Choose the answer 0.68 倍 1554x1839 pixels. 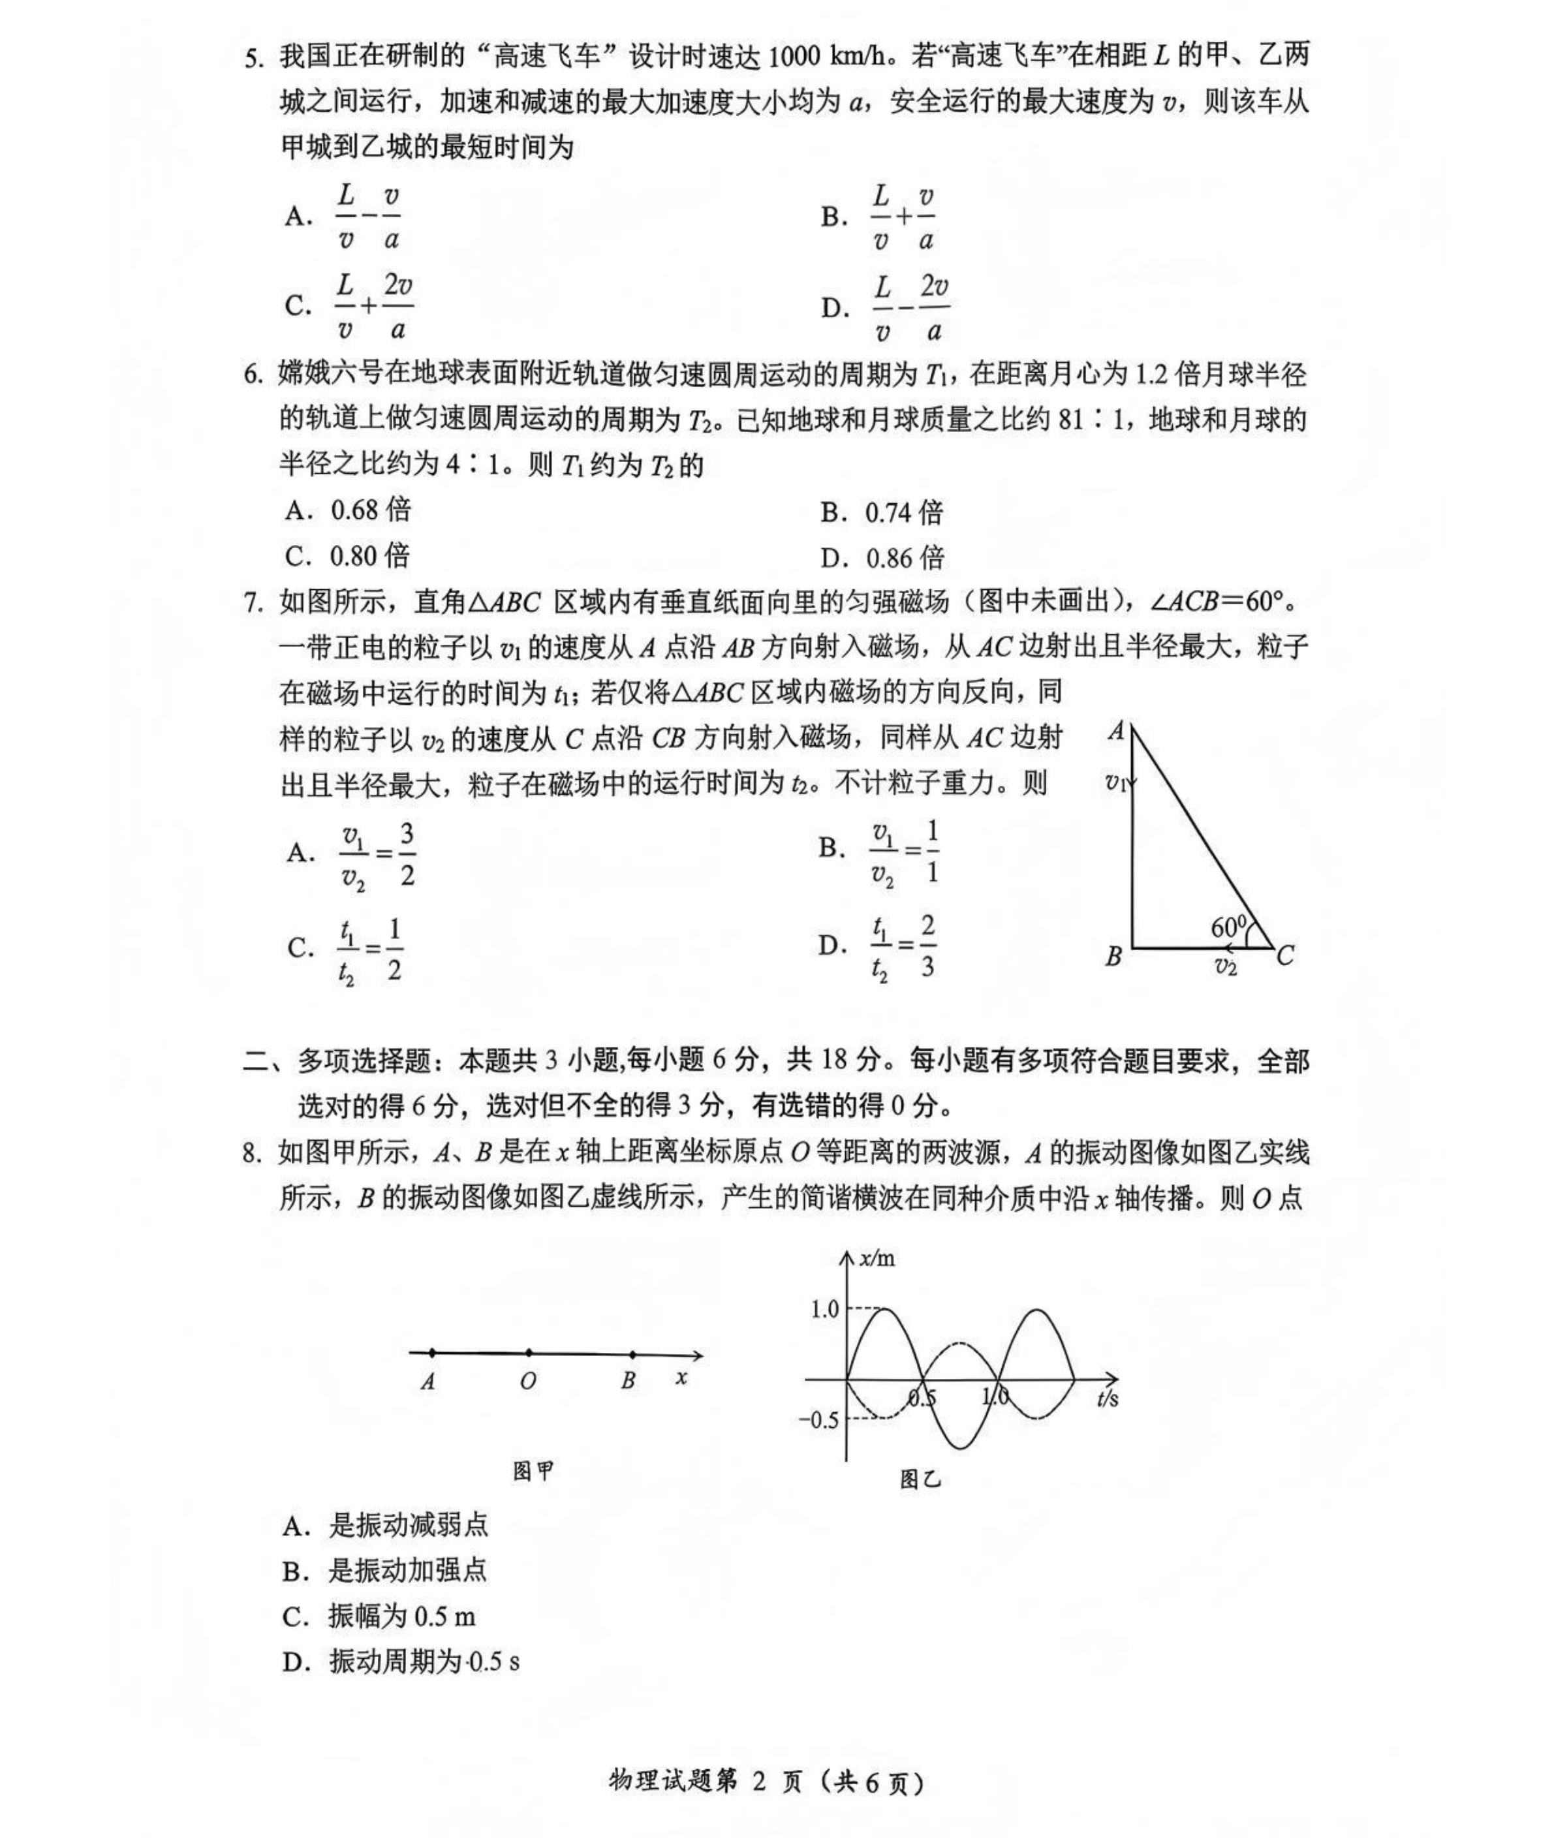370,510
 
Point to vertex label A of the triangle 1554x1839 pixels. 1116,730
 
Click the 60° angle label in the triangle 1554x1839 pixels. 1228,927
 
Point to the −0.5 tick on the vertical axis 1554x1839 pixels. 818,1420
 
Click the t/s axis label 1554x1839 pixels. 1108,1399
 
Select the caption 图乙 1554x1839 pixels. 920,1479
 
